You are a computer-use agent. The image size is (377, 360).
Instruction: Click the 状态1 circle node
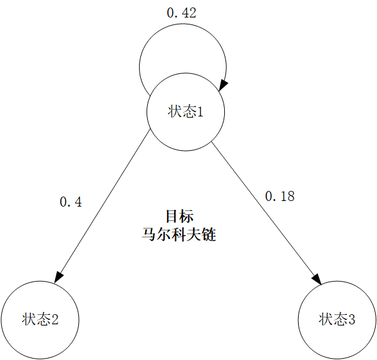coord(185,112)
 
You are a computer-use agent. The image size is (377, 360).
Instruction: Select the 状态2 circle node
coord(40,319)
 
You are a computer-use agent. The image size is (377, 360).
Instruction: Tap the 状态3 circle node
coord(338,319)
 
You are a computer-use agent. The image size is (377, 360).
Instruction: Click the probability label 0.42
coord(182,13)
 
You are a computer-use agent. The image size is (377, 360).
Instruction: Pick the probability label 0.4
coord(70,202)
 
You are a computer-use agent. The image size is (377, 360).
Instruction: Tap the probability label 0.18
coord(279,196)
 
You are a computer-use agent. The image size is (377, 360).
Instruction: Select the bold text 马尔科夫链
coord(180,235)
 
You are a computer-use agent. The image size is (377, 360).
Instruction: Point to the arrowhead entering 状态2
coord(59,276)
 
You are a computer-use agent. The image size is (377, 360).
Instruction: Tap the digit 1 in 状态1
coord(201,112)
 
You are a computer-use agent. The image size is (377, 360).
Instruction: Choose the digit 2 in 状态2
coord(55,319)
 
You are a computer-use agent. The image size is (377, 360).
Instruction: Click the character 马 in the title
coord(150,235)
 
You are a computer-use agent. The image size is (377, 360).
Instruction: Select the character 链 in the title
coord(209,235)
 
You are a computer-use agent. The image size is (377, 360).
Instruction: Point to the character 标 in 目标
coord(187,217)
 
